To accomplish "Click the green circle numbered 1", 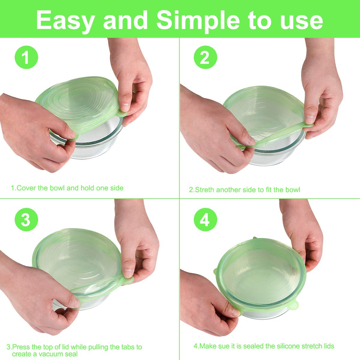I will pyautogui.click(x=26, y=57).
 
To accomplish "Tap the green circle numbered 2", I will pyautogui.click(x=205, y=57).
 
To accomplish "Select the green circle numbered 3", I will pyautogui.click(x=26, y=220).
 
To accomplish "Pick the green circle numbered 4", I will pyautogui.click(x=205, y=220).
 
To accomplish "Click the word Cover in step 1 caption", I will pyautogui.click(x=27, y=188).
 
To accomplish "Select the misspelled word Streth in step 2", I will pyautogui.click(x=205, y=190).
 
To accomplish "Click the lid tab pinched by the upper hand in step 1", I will pyautogui.click(x=122, y=114).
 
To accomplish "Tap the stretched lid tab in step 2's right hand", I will pyautogui.click(x=307, y=125).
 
